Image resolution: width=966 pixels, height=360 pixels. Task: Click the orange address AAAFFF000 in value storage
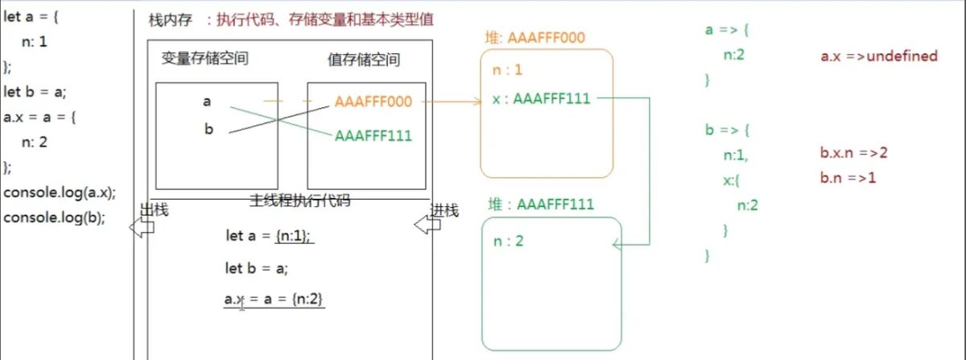pos(373,101)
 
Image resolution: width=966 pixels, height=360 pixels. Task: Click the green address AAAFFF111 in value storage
pos(373,135)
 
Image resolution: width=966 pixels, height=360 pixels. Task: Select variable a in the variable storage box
pos(208,101)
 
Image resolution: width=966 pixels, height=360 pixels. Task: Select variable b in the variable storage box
pos(208,129)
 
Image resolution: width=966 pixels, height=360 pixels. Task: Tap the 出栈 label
pos(153,210)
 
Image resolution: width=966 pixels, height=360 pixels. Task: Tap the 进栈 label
pos(444,210)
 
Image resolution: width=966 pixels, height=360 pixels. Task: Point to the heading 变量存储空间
pos(205,59)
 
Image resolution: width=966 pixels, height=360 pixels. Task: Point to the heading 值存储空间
pos(364,59)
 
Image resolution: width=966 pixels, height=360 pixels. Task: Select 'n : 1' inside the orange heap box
pos(507,71)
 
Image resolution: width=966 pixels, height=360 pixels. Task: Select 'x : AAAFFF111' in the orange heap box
pos(541,99)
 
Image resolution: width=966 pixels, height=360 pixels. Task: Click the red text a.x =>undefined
pos(879,56)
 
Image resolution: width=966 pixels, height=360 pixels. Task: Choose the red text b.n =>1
pos(848,178)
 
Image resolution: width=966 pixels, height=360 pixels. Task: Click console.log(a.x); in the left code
pos(60,192)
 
